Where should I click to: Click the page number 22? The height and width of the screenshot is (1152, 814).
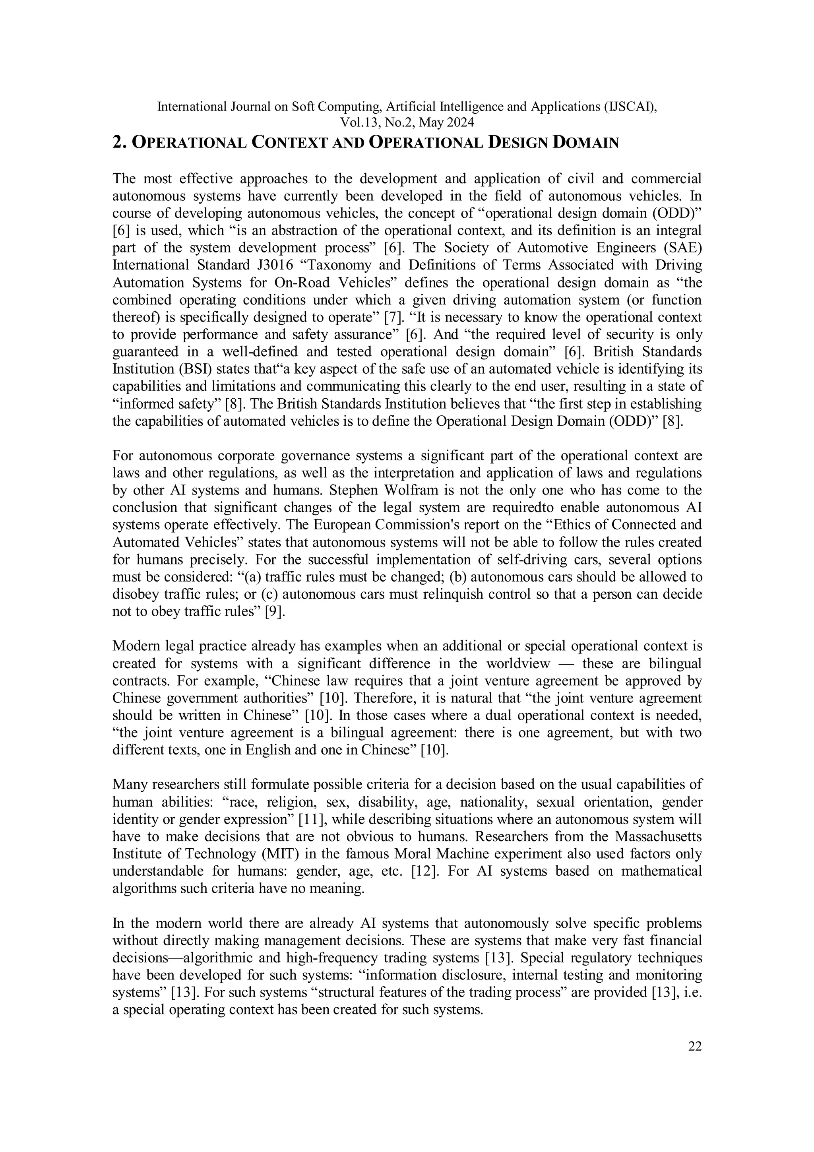pyautogui.click(x=695, y=1047)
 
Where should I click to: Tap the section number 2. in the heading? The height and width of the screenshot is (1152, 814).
pyautogui.click(x=119, y=143)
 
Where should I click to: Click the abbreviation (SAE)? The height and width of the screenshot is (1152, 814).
pyautogui.click(x=684, y=248)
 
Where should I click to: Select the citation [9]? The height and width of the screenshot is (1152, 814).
pyautogui.click(x=274, y=612)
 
